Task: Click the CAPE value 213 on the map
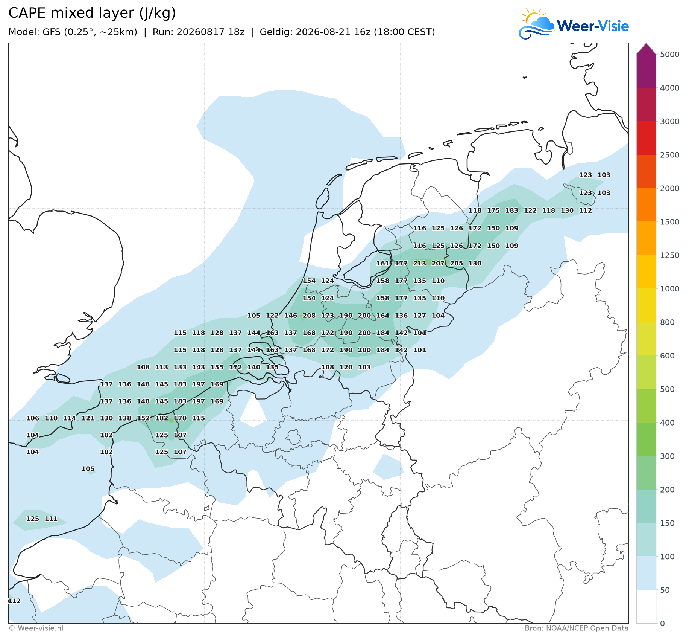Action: tap(419, 263)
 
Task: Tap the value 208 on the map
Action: tap(309, 316)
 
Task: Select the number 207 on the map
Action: tap(438, 263)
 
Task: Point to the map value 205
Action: tap(456, 263)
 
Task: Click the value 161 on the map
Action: tap(382, 263)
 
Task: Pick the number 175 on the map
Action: tap(493, 210)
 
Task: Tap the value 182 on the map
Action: tap(162, 418)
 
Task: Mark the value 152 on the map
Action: tap(143, 418)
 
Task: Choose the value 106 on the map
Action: tap(33, 418)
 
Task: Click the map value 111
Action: tap(51, 519)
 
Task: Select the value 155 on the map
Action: tap(217, 367)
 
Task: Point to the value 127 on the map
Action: tap(419, 316)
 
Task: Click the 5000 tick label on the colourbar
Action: tap(670, 55)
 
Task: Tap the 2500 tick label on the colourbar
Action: tap(670, 155)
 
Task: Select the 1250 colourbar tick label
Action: tap(670, 255)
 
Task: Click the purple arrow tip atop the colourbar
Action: tap(646, 44)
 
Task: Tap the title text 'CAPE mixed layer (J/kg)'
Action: tap(92, 13)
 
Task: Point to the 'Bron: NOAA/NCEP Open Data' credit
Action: tap(577, 628)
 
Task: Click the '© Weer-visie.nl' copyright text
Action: tap(36, 628)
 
